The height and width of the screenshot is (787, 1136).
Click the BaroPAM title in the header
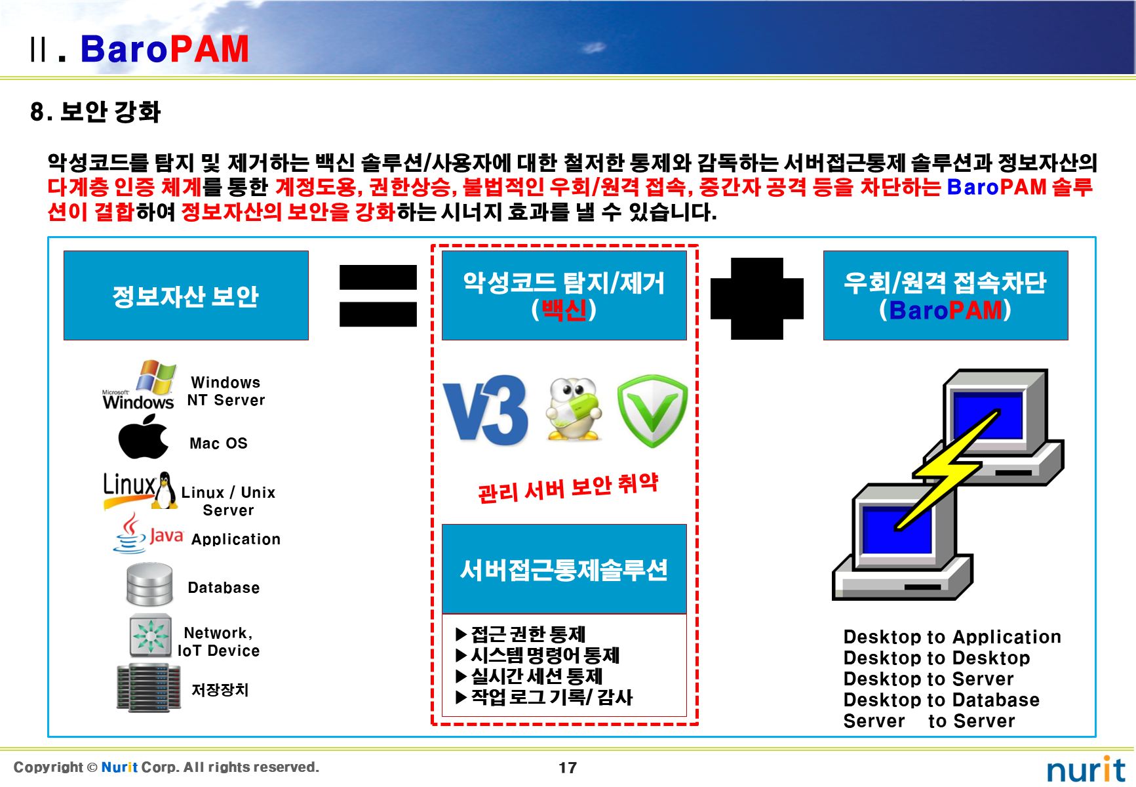coord(164,49)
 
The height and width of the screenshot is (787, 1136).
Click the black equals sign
coord(378,295)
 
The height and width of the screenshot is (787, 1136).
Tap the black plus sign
coord(757,298)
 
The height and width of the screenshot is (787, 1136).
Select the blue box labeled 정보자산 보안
coord(186,296)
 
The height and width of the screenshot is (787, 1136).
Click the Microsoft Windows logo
coord(139,386)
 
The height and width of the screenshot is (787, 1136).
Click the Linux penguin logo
coord(164,491)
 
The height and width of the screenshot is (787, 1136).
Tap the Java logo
coord(147,534)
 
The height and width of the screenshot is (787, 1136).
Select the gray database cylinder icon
coord(149,584)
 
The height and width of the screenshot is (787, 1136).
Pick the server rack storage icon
coord(148,687)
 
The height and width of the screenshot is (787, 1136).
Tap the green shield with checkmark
coord(652,411)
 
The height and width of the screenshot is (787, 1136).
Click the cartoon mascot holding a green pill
coord(574,409)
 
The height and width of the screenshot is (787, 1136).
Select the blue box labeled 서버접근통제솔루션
coord(564,569)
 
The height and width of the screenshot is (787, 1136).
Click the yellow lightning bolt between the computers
coord(947,469)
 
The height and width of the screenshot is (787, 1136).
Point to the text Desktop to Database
coord(941,700)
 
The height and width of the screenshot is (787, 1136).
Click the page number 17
coord(568,767)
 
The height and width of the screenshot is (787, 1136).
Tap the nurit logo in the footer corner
coord(1085,769)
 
